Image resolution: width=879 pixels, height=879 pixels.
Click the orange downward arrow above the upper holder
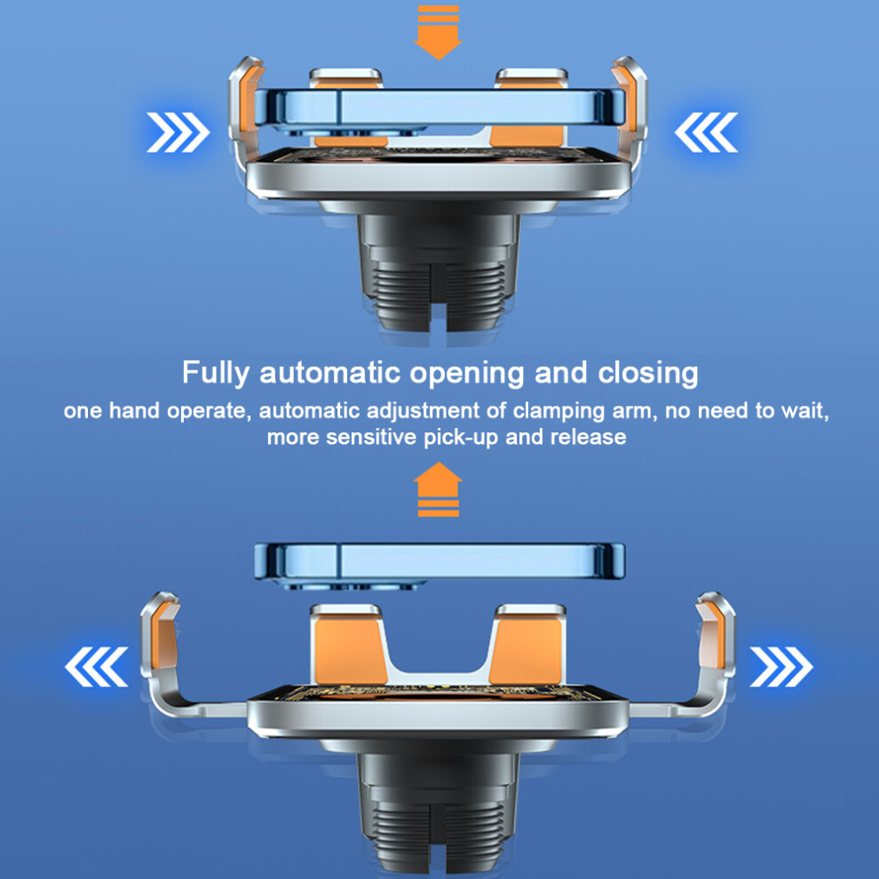438,32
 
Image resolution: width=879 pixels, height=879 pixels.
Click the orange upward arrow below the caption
438,489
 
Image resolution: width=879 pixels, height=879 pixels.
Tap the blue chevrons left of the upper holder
178,132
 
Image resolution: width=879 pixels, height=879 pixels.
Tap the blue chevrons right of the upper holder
706,132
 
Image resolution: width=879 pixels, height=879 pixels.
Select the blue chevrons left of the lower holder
97,667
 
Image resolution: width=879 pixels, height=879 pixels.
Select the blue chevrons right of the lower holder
781,667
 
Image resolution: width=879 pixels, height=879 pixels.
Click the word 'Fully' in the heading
215,373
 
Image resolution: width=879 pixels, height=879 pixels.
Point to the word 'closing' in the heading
648,373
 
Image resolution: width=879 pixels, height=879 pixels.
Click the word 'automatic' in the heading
330,373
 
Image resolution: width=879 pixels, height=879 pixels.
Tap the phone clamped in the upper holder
439,108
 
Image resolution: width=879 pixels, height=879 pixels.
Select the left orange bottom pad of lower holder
350,650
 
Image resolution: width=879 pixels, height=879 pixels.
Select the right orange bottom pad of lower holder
527,650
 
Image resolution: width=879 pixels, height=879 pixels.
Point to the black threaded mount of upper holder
439,272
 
